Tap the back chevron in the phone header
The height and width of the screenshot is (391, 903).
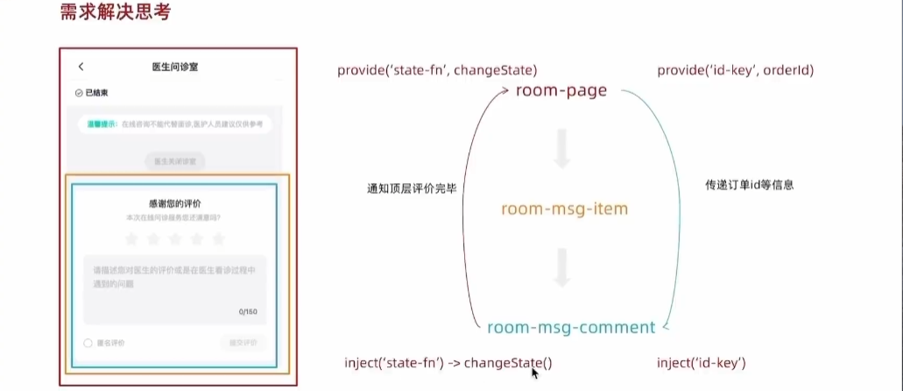(x=81, y=67)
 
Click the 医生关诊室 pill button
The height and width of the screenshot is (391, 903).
(x=175, y=161)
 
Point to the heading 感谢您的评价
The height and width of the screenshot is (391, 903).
(x=175, y=203)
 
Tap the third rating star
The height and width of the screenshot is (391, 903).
(x=175, y=238)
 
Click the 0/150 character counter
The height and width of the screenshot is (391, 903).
(x=249, y=312)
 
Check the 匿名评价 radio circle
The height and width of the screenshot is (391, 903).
(x=88, y=344)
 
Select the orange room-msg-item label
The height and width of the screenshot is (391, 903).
(x=565, y=210)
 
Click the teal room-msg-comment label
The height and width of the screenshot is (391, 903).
(x=570, y=328)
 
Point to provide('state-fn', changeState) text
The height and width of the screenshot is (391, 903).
(x=437, y=70)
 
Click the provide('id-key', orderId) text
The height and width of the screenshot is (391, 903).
(x=736, y=70)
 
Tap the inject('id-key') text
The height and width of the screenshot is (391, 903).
(x=702, y=363)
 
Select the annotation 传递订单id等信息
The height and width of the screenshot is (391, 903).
(x=750, y=186)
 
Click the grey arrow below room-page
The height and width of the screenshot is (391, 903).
(x=562, y=149)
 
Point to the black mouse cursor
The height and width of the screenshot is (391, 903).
(x=535, y=373)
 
